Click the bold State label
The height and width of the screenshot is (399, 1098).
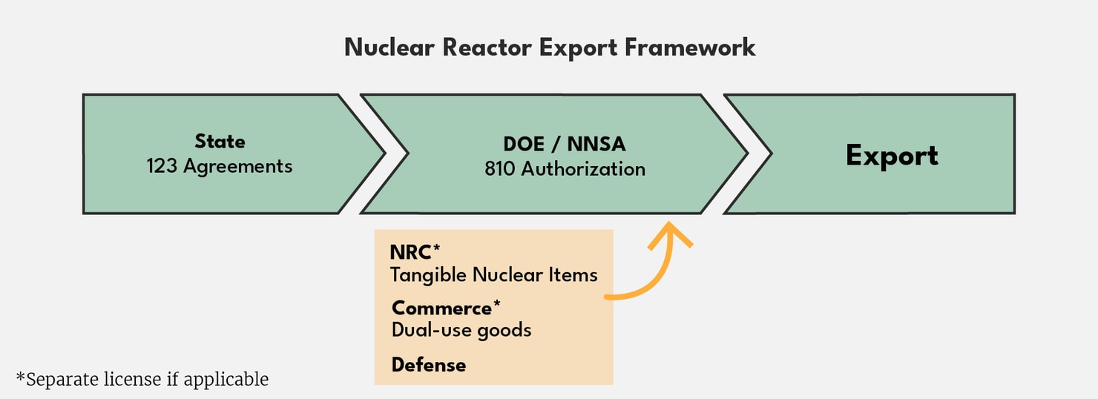point(220,142)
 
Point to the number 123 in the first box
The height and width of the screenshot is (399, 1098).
point(162,166)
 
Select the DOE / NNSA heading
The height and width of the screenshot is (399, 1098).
point(564,145)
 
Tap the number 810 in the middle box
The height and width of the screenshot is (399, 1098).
point(500,169)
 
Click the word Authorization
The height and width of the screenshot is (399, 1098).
point(583,169)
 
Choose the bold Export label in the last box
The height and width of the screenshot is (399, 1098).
point(892,156)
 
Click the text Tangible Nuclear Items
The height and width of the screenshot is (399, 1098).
point(493,275)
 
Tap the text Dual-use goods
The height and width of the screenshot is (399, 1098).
point(461,330)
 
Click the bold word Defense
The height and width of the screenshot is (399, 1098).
point(429,365)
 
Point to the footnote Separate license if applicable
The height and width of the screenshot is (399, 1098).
point(142,380)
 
